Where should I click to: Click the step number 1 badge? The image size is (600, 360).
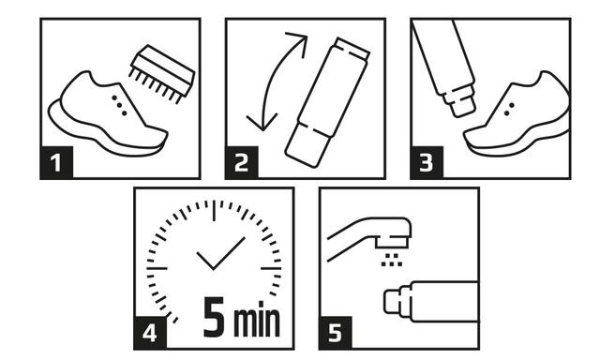pyautogui.click(x=56, y=162)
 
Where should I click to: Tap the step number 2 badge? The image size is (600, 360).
pyautogui.click(x=242, y=162)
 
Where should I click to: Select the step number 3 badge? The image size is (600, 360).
pyautogui.click(x=427, y=162)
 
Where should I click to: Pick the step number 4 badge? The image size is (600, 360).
pyautogui.click(x=150, y=333)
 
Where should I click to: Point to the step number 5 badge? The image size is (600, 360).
pyautogui.click(x=336, y=333)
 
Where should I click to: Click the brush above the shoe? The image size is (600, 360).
pyautogui.click(x=162, y=74)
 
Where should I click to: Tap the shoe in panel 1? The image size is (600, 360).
pyautogui.click(x=108, y=113)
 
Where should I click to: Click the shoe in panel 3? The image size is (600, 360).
pyautogui.click(x=517, y=114)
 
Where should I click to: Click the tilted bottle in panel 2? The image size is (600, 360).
pyautogui.click(x=327, y=102)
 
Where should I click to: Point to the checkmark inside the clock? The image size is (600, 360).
pyautogui.click(x=221, y=253)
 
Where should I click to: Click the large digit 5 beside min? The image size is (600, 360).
pyautogui.click(x=214, y=317)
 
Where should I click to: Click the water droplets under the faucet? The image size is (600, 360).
pyautogui.click(x=392, y=260)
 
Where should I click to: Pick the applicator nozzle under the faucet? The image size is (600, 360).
pyautogui.click(x=397, y=301)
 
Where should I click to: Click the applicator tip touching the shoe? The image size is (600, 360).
pyautogui.click(x=462, y=102)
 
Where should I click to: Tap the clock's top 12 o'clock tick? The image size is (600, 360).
pyautogui.click(x=214, y=210)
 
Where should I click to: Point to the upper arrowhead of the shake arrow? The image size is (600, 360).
pyautogui.click(x=299, y=43)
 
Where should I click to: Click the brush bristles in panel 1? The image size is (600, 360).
pyautogui.click(x=155, y=87)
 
